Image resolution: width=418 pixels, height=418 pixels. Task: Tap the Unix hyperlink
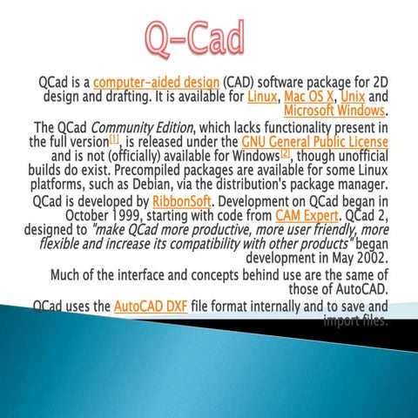353,96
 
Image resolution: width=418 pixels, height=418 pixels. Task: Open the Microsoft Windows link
334,111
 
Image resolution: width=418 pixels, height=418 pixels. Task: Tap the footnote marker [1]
113,138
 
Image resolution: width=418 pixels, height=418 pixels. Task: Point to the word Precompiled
133,171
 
